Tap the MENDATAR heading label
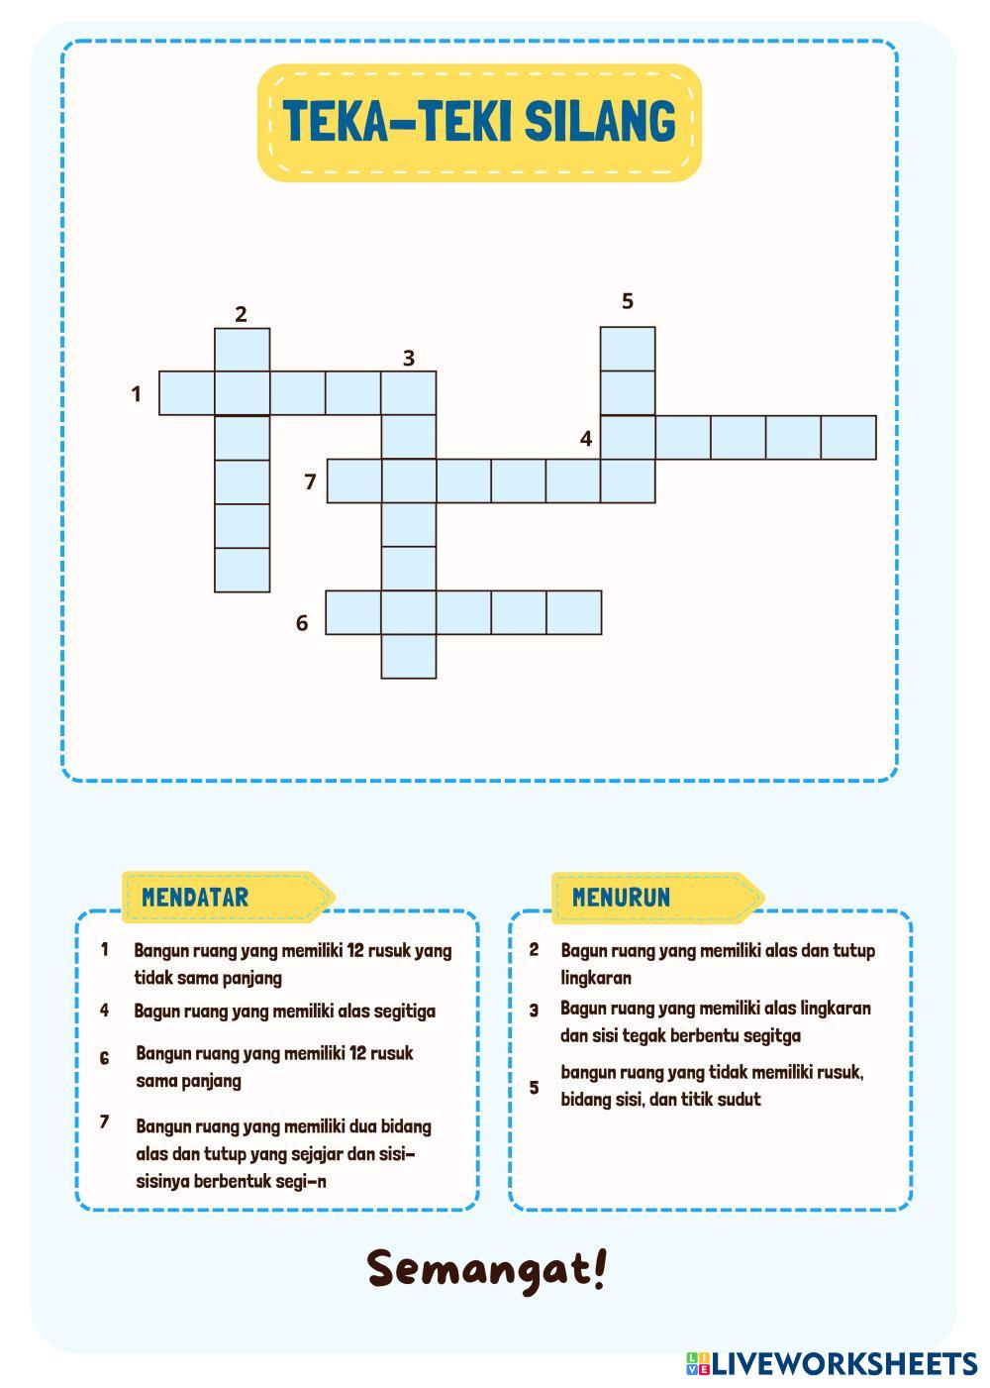coord(195,898)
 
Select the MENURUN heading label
coord(621,898)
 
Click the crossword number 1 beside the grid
coord(137,394)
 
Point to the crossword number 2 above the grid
coord(241,314)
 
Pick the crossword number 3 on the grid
coord(408,358)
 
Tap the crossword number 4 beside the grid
coord(586,438)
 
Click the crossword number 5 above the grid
coord(627,300)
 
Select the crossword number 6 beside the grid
coord(303,623)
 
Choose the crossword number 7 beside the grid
coord(311,482)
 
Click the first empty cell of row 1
coord(187,393)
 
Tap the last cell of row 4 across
coord(848,438)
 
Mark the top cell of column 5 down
coord(628,349)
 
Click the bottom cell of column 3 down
coord(409,656)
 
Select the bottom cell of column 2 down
coord(243,570)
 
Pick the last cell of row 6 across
coord(573,612)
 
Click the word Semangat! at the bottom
coord(486,1269)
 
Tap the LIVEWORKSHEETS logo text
coord(844,1364)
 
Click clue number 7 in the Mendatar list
coord(104,1122)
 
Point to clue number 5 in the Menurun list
coord(534,1087)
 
